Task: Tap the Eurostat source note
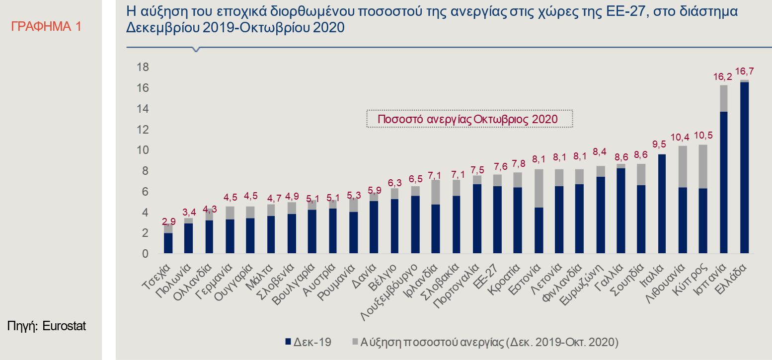pos(46,326)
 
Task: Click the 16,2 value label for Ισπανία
pos(723,77)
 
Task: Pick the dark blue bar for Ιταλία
pos(661,204)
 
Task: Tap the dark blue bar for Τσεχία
pos(168,243)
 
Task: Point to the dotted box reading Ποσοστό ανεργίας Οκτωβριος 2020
pos(469,119)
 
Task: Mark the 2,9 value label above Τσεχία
pos(169,221)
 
